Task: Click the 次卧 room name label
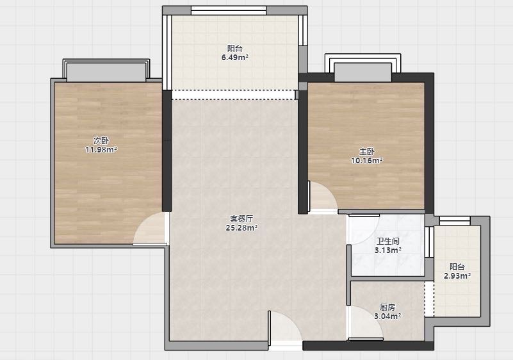tap(101, 141)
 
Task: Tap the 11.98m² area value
tap(101, 150)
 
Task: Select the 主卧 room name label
tap(367, 152)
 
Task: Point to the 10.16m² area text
tap(367, 160)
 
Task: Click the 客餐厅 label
tap(241, 218)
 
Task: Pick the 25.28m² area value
tap(241, 228)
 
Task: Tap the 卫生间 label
tap(387, 241)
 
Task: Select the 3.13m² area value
tap(387, 250)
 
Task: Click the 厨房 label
tap(387, 307)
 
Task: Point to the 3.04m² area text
tap(387, 316)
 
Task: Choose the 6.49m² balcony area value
tap(234, 58)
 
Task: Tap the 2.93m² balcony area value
tap(457, 276)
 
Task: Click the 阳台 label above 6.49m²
tap(234, 49)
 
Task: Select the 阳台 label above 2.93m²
tap(457, 266)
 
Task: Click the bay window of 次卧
tap(106, 70)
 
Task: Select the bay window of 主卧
tap(363, 68)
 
